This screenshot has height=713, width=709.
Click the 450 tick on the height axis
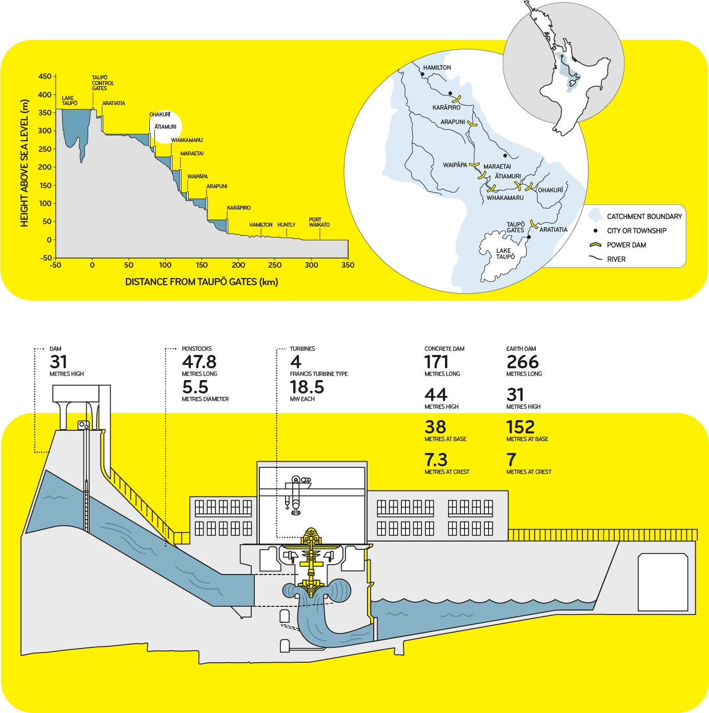point(45,76)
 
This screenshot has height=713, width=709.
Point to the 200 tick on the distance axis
point(238,265)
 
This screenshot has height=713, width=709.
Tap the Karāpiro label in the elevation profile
point(239,208)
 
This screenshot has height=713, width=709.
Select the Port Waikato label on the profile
point(319,222)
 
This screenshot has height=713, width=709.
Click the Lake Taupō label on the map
point(505,254)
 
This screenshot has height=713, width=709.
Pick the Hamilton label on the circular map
point(437,68)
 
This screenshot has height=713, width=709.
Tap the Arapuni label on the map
point(453,122)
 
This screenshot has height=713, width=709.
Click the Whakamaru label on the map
point(505,198)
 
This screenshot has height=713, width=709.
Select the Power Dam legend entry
point(626,245)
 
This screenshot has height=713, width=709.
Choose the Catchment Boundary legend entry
point(644,216)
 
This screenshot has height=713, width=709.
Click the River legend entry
point(616,259)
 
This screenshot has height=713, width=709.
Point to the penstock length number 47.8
point(199,362)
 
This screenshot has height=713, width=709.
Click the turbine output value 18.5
point(307,387)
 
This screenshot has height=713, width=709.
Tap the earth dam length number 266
point(522,362)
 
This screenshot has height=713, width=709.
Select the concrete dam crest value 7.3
point(436,460)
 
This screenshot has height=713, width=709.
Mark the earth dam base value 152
point(520,427)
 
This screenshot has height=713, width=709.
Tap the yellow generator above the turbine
point(311,537)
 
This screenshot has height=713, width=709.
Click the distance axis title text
point(201,282)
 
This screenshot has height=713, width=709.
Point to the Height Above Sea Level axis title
point(24,163)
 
